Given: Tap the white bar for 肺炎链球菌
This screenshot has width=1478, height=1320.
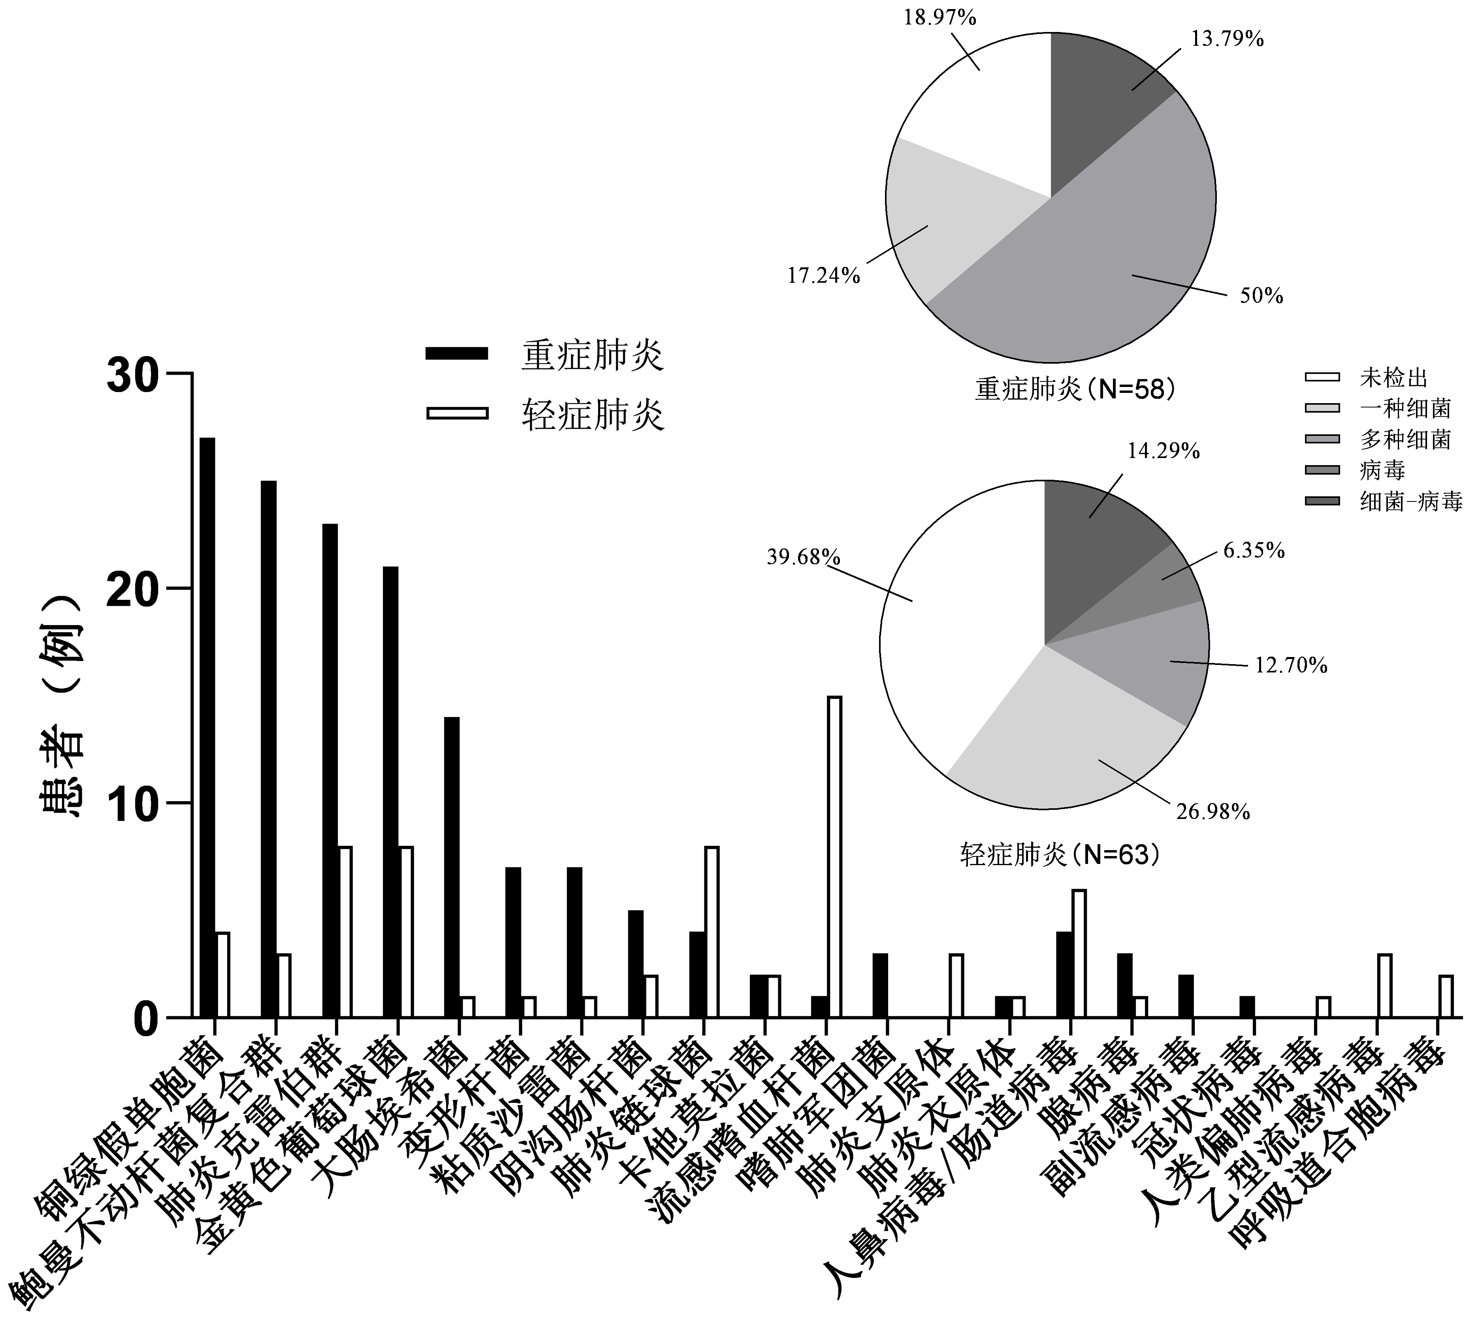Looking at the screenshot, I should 712,932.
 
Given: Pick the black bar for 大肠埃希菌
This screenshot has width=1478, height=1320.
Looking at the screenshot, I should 451,867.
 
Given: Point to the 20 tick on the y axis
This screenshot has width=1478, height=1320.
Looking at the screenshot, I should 181,588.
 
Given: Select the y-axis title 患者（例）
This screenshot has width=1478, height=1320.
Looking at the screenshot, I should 62,696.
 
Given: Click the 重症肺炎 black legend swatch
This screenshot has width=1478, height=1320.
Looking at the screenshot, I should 457,353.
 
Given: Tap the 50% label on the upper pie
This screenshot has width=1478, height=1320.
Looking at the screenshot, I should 1261,296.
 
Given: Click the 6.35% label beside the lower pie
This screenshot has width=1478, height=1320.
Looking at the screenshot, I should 1254,550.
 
